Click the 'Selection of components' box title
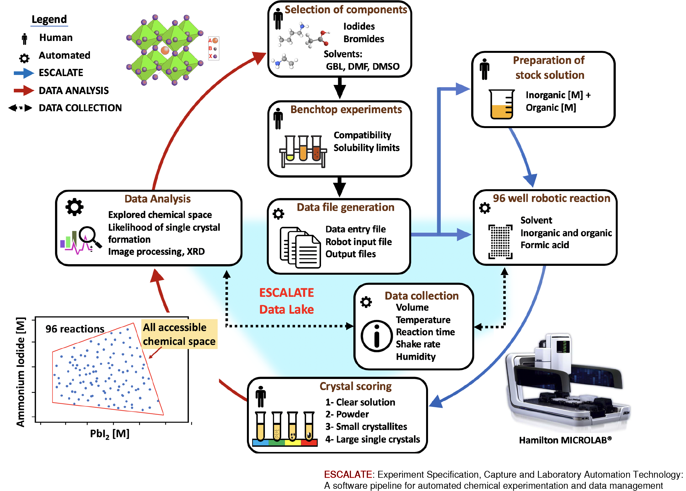pos(345,10)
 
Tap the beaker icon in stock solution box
pos(501,104)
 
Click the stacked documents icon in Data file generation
pos(300,247)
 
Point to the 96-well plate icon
pos(500,241)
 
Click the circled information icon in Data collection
pos(376,336)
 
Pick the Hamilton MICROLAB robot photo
pos(565,384)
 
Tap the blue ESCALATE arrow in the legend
pos(24,73)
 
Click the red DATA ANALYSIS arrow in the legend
pos(24,90)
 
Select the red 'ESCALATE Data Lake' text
pos(286,301)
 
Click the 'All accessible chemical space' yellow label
pos(179,334)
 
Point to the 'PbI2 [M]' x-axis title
pos(110,434)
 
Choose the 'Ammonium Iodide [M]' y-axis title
pos(20,372)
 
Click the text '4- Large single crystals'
pos(372,439)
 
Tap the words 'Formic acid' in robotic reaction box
pos(544,245)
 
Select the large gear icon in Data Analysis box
pos(74,207)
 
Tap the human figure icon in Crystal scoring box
pos(260,396)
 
